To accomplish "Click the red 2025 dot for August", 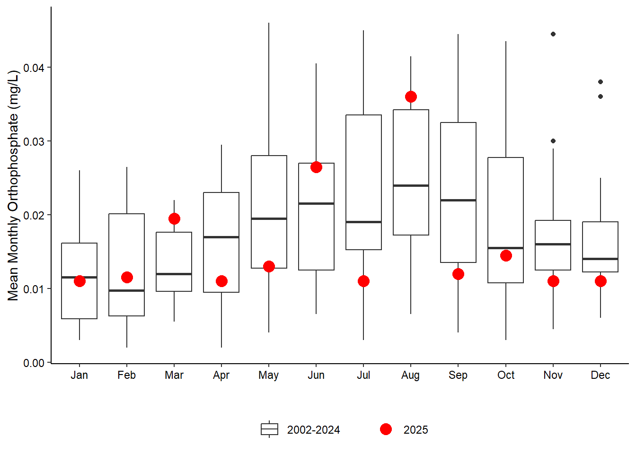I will (x=411, y=97).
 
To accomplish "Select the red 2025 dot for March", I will (x=174, y=218).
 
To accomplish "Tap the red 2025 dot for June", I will (x=316, y=167).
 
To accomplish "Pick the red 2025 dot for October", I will (x=506, y=256).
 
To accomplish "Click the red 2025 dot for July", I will (x=363, y=281).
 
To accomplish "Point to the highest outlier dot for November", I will (x=553, y=34).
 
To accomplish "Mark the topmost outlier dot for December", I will (x=601, y=82).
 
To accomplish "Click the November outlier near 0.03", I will (x=553, y=141).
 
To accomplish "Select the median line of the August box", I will (x=411, y=185).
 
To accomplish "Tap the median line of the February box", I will (x=127, y=290).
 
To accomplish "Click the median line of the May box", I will (x=269, y=218).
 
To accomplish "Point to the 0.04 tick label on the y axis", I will (x=34, y=68).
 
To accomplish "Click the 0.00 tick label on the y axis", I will (x=34, y=363).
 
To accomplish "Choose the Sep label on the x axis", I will (x=458, y=375).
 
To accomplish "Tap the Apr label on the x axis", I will (x=221, y=375).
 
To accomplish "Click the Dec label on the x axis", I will (x=601, y=375).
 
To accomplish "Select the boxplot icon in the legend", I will (x=269, y=429).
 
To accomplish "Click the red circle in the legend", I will (x=386, y=429).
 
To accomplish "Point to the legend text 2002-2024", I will (x=313, y=430).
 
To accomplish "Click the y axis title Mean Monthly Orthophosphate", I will (x=13, y=185).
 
